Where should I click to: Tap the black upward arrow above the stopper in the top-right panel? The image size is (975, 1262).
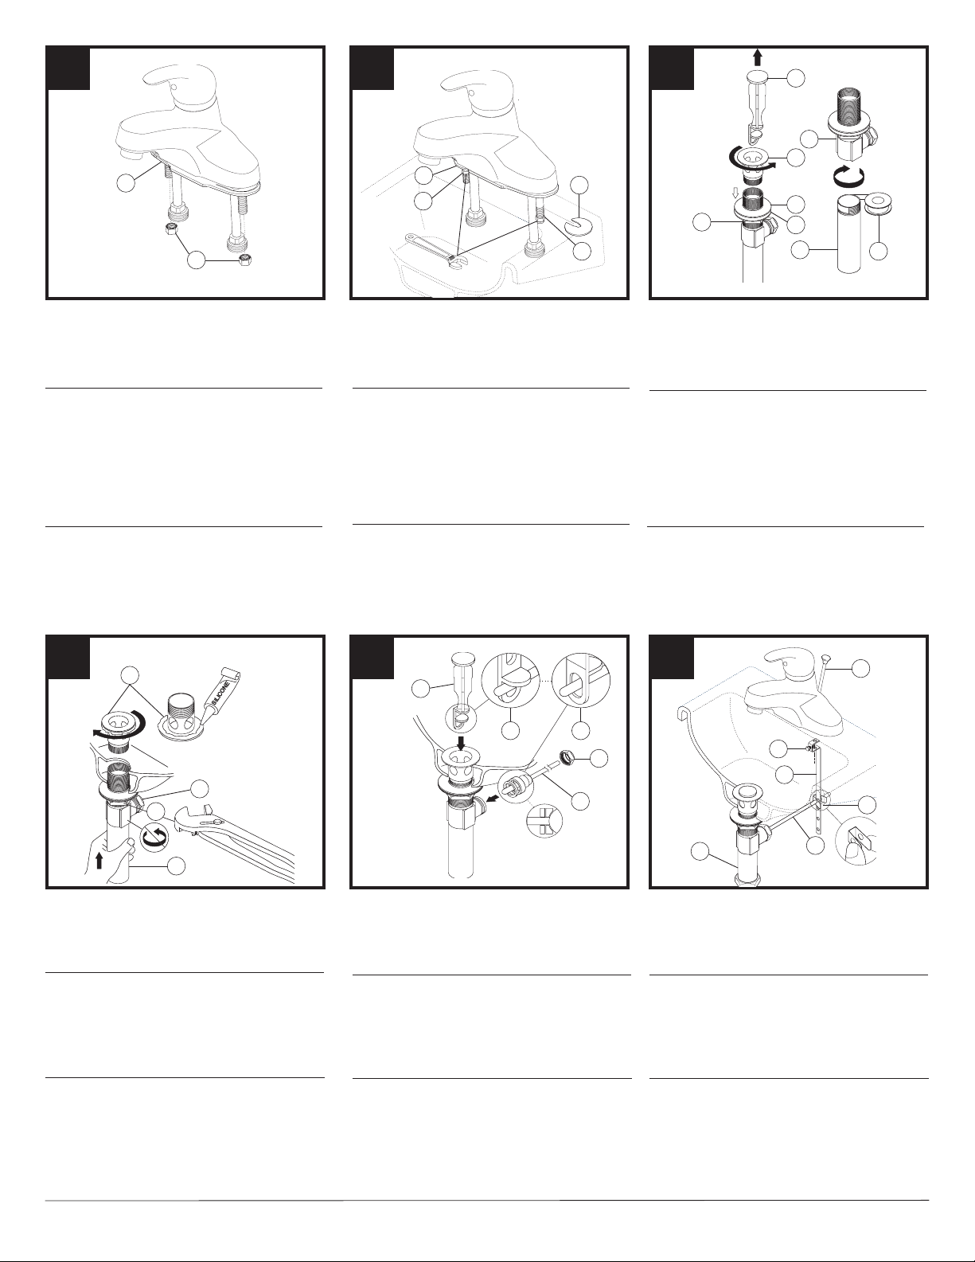757,57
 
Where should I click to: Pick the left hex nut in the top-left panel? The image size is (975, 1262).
172,229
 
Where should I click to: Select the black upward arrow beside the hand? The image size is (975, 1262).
99,860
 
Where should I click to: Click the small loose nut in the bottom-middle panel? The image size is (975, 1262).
567,756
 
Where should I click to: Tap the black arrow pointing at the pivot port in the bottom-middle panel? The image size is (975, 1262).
491,799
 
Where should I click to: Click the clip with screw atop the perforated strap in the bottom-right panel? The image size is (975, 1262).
812,745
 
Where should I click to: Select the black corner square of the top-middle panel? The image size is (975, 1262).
372,68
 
